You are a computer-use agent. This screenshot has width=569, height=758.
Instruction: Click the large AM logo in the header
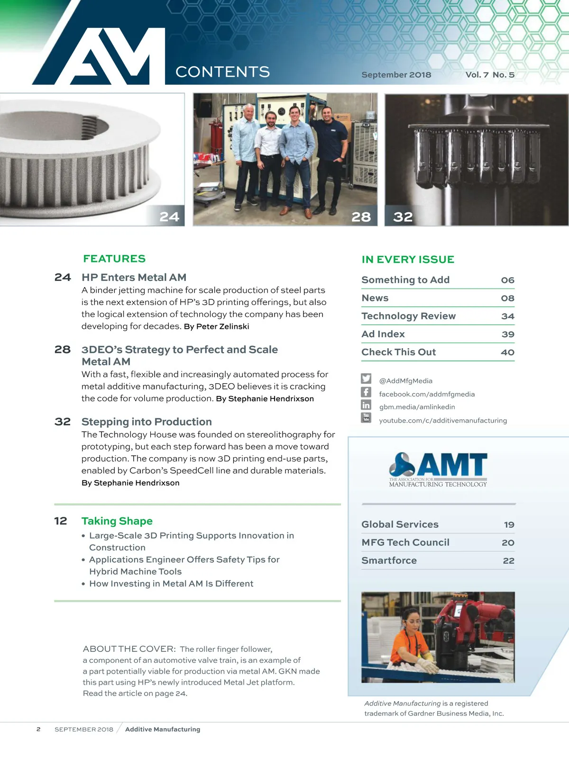point(100,57)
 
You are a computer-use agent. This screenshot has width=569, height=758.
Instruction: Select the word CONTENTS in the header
point(222,72)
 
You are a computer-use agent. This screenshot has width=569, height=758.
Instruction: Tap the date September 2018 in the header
point(396,75)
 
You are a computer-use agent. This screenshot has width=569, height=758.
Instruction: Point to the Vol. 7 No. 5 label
point(489,75)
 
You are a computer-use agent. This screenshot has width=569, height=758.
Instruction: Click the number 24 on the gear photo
point(169,217)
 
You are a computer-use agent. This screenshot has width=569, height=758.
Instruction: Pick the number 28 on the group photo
point(361,217)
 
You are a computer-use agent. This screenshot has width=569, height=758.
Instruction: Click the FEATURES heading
point(114,259)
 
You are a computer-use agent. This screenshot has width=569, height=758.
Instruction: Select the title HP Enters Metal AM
point(134,278)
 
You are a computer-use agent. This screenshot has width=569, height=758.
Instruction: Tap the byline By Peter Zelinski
point(216,326)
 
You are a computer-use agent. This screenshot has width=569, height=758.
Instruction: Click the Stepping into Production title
point(147,422)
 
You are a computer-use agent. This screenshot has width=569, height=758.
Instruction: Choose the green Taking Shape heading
point(117,521)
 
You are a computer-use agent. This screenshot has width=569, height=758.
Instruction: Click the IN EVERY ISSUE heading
point(408,260)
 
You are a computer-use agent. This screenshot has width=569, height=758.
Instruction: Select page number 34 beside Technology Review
point(508,316)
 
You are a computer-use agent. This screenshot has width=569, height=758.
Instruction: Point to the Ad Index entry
point(383,334)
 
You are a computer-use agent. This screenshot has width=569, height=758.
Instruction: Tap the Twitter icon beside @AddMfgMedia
point(366,379)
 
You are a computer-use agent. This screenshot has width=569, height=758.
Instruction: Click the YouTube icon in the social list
point(366,418)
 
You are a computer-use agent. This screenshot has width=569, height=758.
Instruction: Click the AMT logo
point(438,469)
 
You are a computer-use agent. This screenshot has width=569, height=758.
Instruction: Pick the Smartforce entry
point(389,560)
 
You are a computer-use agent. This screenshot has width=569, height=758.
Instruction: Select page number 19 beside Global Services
point(509,525)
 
